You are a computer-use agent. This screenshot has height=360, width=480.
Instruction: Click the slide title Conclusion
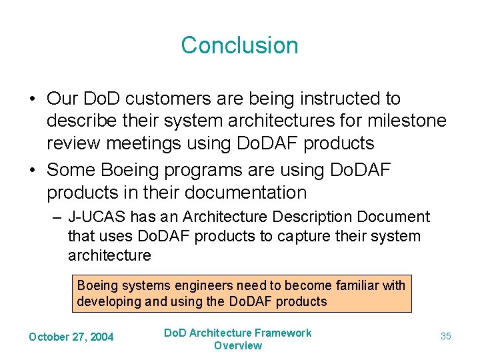point(239,45)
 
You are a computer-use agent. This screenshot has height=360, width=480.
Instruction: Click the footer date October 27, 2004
point(71,337)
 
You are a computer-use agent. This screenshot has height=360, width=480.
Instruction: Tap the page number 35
point(445,336)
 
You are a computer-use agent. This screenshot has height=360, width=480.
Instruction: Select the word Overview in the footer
point(238,345)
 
